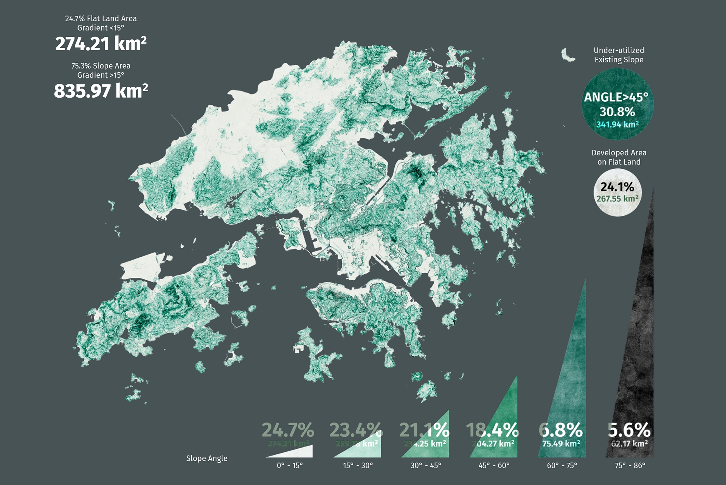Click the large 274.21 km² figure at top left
click(x=101, y=44)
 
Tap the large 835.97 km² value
click(x=101, y=91)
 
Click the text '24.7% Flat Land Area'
click(x=101, y=19)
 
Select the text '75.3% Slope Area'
click(x=101, y=66)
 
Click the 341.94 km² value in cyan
click(x=617, y=124)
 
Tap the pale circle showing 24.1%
click(x=617, y=193)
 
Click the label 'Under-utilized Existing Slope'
click(x=619, y=55)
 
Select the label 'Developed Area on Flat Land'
click(x=619, y=157)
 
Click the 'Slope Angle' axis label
click(x=206, y=459)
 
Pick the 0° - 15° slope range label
click(x=290, y=466)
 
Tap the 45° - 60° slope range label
click(x=494, y=466)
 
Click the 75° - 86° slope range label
click(x=630, y=466)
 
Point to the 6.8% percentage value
click(x=561, y=430)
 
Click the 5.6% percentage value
click(x=629, y=430)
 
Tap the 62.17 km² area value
click(x=629, y=443)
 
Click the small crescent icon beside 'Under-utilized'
click(x=567, y=56)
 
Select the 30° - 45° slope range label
click(x=426, y=466)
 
